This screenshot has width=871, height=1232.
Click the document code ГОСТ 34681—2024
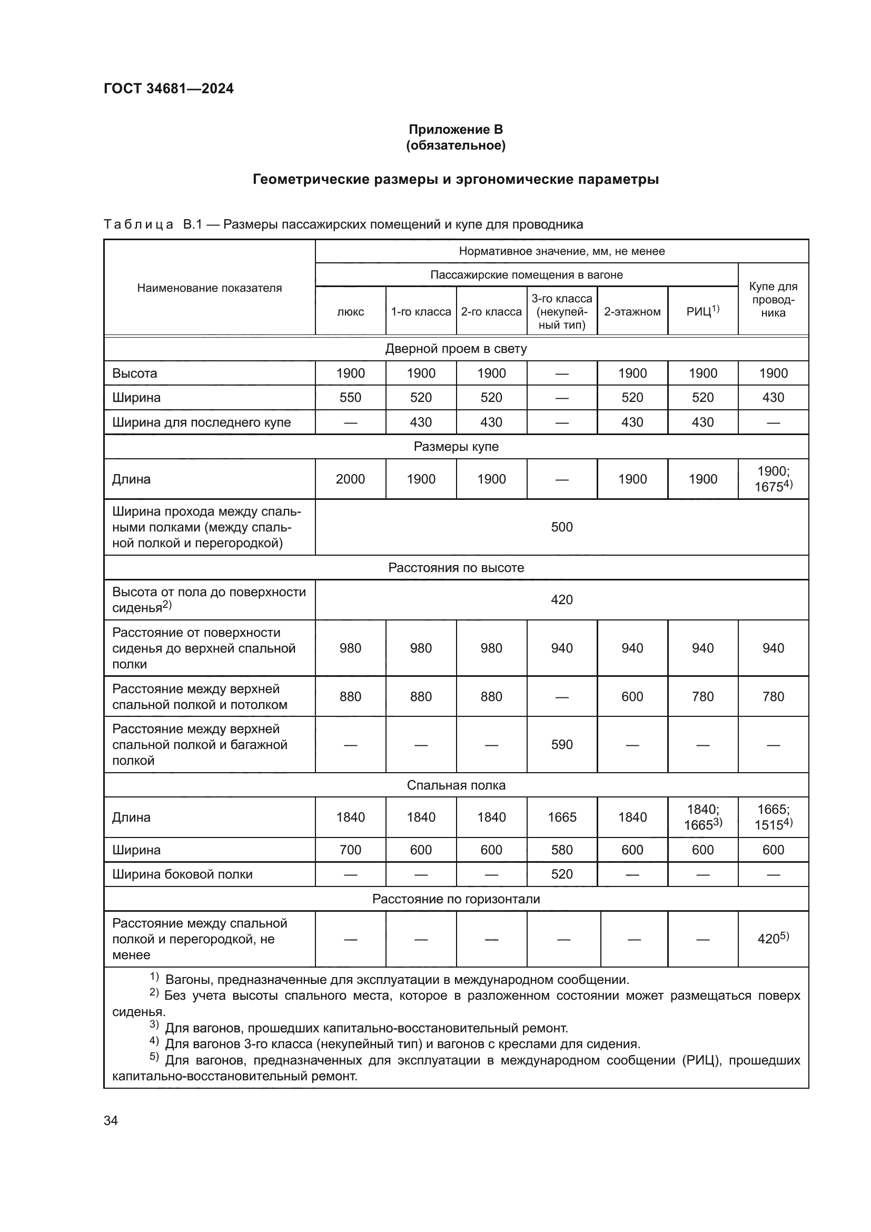(x=169, y=88)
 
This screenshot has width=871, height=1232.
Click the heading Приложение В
(x=456, y=130)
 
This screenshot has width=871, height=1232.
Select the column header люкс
(x=350, y=312)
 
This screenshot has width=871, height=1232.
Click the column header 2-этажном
(x=632, y=312)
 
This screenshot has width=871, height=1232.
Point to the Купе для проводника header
(x=773, y=299)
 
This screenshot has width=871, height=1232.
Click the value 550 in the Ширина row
(x=350, y=398)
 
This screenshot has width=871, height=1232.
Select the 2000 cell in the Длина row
(x=350, y=479)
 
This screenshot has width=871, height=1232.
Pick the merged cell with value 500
(x=561, y=527)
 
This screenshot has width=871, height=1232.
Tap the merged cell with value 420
(x=561, y=599)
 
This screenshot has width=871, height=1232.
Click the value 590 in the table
(x=561, y=744)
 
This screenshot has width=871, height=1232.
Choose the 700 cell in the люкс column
(x=350, y=850)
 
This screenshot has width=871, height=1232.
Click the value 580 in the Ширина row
(x=561, y=850)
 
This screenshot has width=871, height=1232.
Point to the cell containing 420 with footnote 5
(x=773, y=939)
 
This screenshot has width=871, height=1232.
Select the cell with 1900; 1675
(x=773, y=479)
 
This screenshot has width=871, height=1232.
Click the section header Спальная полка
(x=456, y=785)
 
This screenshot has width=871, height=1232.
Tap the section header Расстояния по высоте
(x=456, y=568)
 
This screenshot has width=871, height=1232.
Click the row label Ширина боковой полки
(x=182, y=874)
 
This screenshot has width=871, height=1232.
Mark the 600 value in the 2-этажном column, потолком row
(x=632, y=696)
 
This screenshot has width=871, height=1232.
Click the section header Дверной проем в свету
(x=456, y=349)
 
